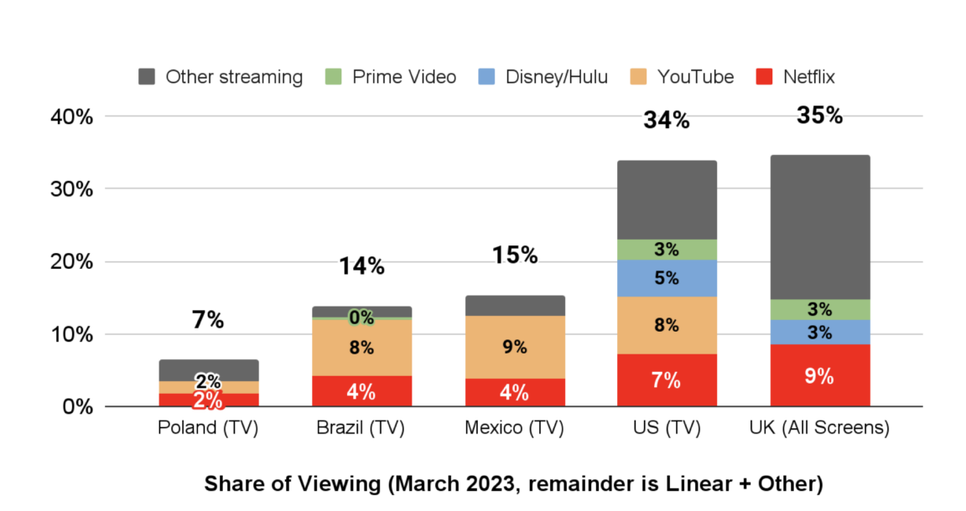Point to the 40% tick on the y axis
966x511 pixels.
tap(72, 116)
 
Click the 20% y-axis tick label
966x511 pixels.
tap(72, 262)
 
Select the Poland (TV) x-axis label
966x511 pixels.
tap(208, 428)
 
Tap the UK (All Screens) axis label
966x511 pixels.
tap(818, 428)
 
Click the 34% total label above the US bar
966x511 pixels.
tap(667, 120)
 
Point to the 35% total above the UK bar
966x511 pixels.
tap(819, 115)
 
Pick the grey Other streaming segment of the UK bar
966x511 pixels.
tap(819, 226)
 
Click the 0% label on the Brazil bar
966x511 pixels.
tap(361, 317)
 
